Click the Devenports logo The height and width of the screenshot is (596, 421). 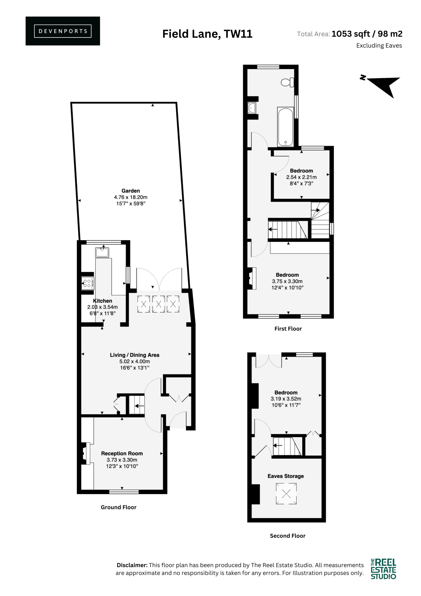(63, 31)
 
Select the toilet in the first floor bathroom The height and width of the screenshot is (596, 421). (287, 82)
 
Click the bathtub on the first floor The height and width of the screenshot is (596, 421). (285, 127)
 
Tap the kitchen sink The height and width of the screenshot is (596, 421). (102, 252)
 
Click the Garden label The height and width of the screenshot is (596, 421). (130, 191)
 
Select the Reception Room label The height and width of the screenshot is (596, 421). (122, 453)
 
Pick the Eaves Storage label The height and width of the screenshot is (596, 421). (286, 476)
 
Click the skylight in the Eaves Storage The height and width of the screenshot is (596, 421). (286, 494)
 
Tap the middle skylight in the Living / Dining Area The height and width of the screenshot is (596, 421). (158, 304)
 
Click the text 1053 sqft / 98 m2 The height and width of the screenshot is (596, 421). (367, 34)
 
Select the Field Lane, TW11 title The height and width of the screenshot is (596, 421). (207, 34)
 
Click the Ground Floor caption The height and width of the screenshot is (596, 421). (119, 507)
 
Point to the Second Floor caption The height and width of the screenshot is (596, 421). (288, 535)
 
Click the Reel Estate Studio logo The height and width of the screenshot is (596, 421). (383, 569)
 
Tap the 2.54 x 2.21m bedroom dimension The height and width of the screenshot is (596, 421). (301, 177)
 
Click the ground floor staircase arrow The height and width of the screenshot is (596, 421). (140, 406)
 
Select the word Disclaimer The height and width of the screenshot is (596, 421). (132, 565)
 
